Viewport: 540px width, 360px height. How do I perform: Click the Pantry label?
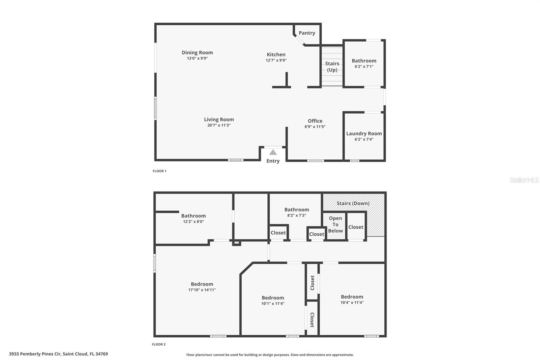307,33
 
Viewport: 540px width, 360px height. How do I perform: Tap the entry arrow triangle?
273,152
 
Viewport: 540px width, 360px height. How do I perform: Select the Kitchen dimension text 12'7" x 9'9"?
276,60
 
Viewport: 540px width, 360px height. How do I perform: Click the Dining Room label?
197,53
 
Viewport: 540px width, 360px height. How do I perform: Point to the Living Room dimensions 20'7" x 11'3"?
219,125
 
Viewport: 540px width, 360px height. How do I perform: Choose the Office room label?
315,121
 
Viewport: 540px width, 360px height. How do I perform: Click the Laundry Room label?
364,133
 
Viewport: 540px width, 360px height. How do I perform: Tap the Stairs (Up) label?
332,67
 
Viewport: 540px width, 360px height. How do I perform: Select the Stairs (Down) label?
353,203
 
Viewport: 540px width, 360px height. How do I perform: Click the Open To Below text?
335,224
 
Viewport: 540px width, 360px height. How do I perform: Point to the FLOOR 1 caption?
160,171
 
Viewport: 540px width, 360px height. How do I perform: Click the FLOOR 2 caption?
159,344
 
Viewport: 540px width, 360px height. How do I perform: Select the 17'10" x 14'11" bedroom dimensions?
202,290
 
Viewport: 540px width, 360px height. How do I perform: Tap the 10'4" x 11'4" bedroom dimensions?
352,303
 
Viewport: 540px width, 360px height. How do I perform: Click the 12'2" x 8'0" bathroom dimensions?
194,222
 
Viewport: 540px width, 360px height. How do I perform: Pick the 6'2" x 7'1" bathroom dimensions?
364,67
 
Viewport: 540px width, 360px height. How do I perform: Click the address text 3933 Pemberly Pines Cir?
35,354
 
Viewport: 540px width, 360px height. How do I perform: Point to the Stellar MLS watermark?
524,180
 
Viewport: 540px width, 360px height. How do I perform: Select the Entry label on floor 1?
273,161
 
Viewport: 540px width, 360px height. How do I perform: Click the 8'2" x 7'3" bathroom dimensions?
297,215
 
